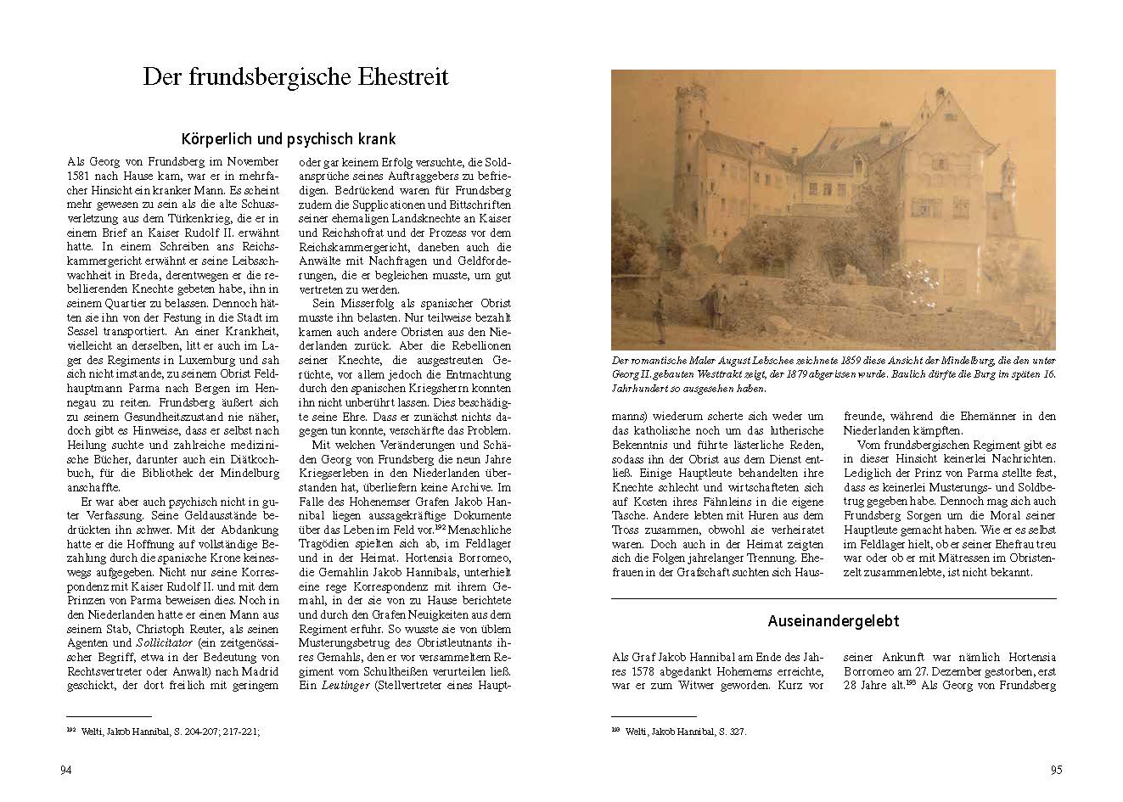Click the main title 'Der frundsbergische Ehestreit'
pyautogui.click(x=295, y=77)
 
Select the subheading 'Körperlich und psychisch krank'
pyautogui.click(x=289, y=138)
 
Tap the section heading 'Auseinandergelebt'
pyautogui.click(x=833, y=620)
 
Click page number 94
pyautogui.click(x=65, y=770)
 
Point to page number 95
pyautogui.click(x=1056, y=770)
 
